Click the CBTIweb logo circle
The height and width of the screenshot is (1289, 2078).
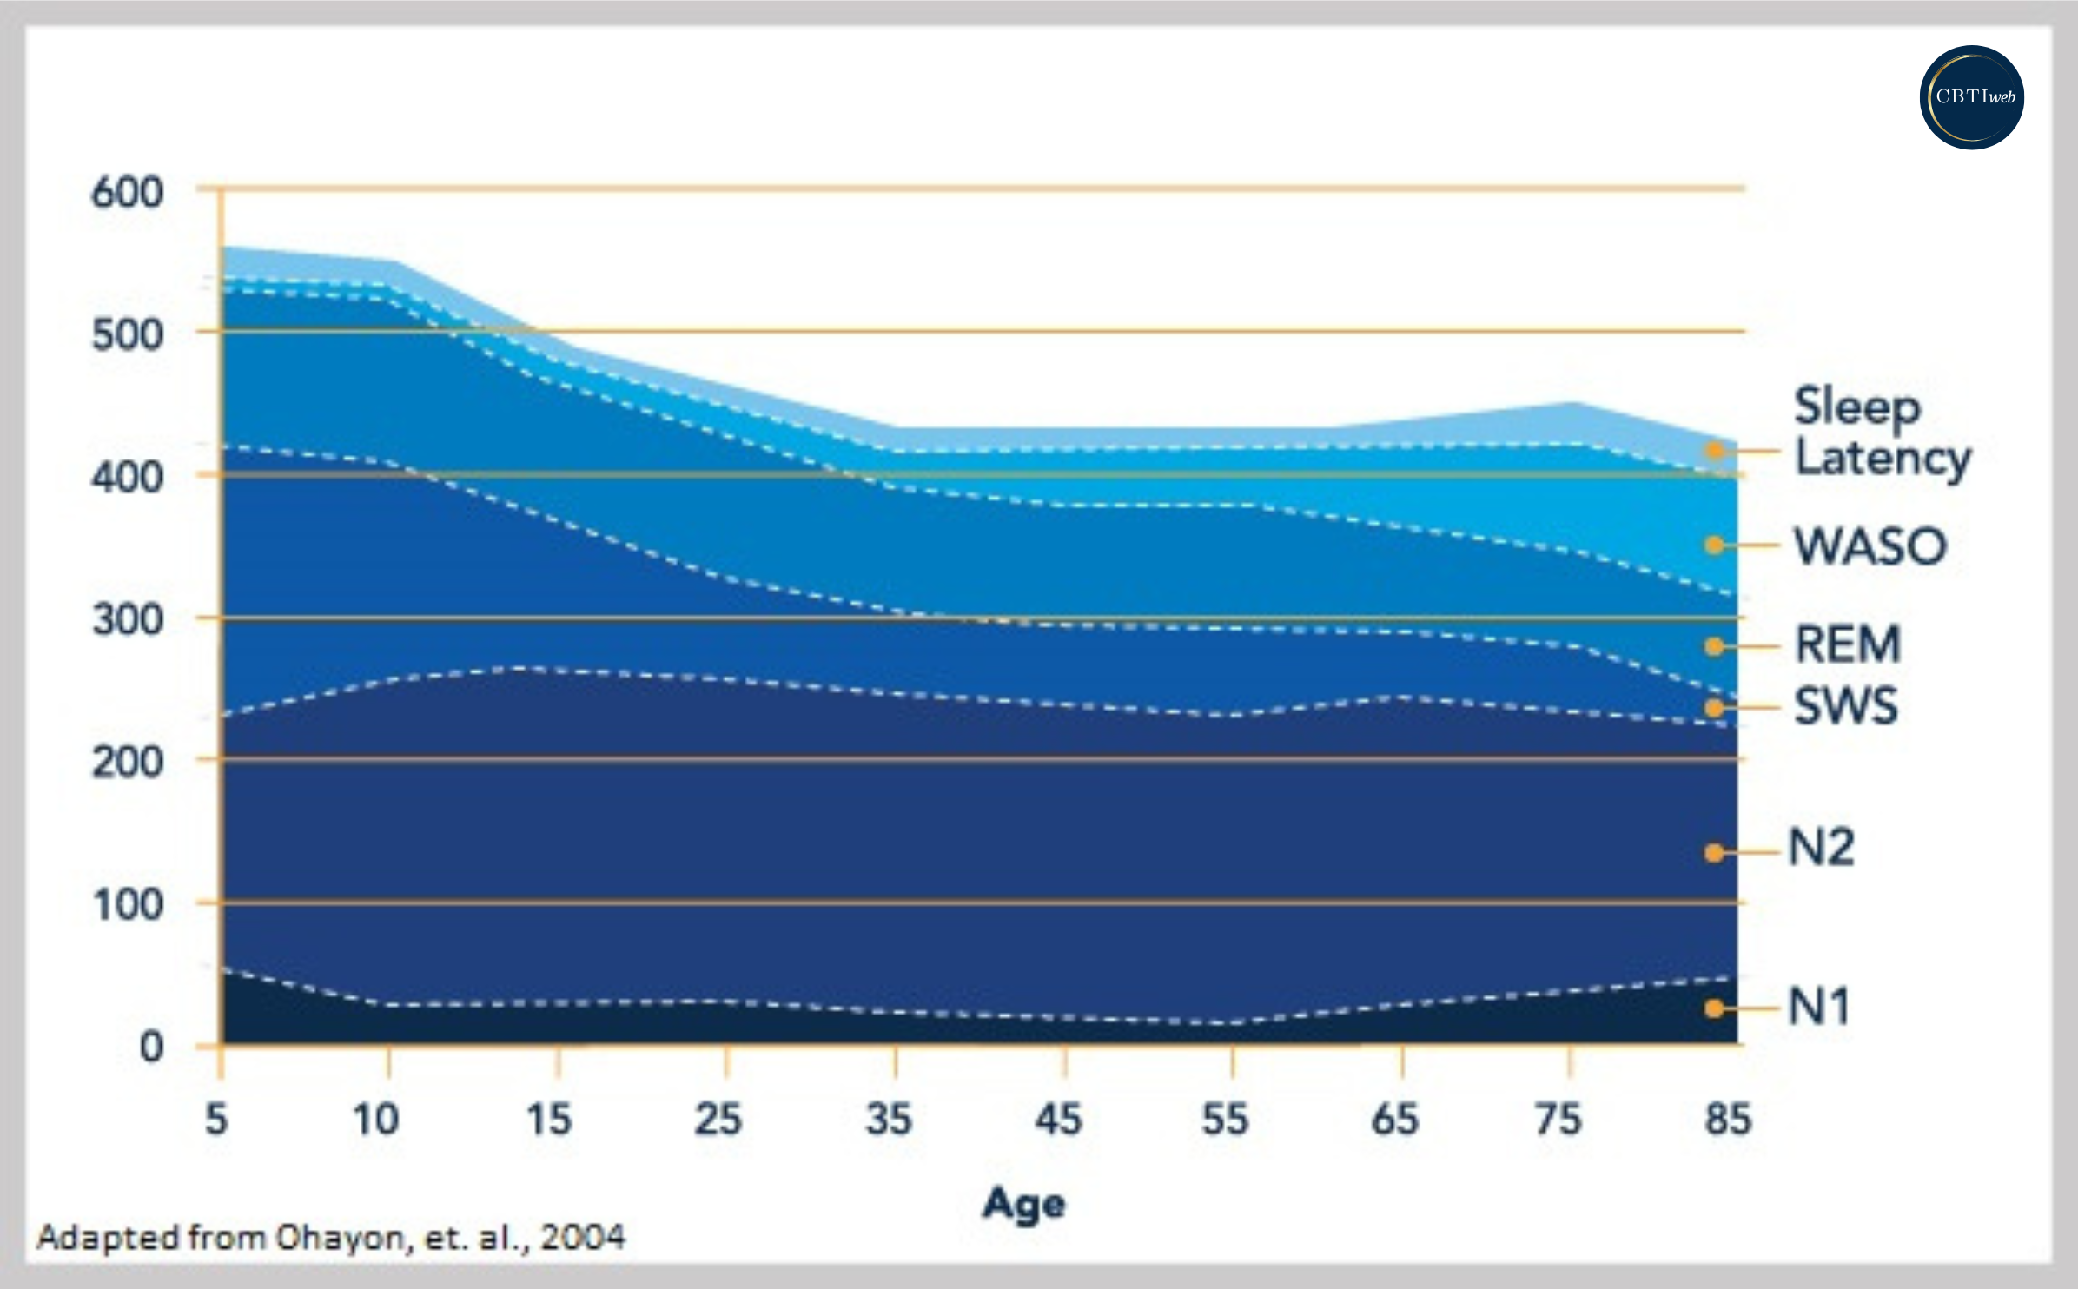tap(1971, 97)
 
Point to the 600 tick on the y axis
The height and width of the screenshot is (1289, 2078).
tap(128, 192)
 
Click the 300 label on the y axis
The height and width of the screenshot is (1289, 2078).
tap(128, 620)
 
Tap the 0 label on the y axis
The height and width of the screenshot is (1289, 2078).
tap(151, 1047)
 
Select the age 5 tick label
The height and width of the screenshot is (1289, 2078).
tap(216, 1119)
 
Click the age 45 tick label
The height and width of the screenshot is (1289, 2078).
tap(1058, 1119)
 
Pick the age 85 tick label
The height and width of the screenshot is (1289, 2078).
tap(1727, 1119)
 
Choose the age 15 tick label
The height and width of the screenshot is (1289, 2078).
tap(549, 1119)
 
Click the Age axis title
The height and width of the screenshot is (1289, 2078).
tap(1023, 1205)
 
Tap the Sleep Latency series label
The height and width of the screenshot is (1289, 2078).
tap(1882, 432)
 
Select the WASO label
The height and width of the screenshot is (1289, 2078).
tap(1870, 546)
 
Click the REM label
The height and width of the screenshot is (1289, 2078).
tap(1848, 644)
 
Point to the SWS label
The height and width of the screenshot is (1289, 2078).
tap(1846, 705)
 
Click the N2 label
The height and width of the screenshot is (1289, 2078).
tap(1822, 848)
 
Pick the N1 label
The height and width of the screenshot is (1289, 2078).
tap(1819, 1007)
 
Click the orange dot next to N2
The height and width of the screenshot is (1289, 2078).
tap(1714, 853)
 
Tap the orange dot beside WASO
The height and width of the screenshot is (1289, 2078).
tap(1714, 545)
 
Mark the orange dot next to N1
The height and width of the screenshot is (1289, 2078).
tap(1714, 1008)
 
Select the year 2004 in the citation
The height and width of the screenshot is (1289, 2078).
tap(582, 1237)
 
